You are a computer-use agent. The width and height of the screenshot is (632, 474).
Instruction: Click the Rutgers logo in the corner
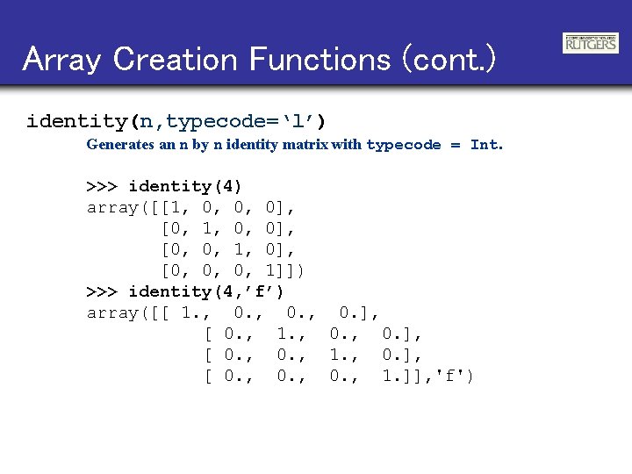[589, 43]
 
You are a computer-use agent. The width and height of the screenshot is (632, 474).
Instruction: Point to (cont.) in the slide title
[448, 60]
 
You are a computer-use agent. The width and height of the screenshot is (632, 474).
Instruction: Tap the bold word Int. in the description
[486, 145]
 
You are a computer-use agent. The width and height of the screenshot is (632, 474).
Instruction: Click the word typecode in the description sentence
[403, 145]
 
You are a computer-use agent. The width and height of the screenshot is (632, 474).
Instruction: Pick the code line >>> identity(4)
[164, 186]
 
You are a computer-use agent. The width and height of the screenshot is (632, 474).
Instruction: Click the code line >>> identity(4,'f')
[185, 291]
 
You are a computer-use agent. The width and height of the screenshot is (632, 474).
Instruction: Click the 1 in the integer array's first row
[180, 208]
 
